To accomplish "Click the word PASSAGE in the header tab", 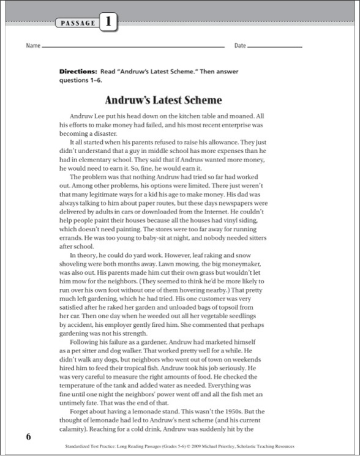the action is pyautogui.click(x=78, y=23).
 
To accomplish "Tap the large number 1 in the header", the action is pyautogui.click(x=107, y=23).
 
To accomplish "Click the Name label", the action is pyautogui.click(x=32, y=46).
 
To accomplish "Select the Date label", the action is pyautogui.click(x=240, y=46).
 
